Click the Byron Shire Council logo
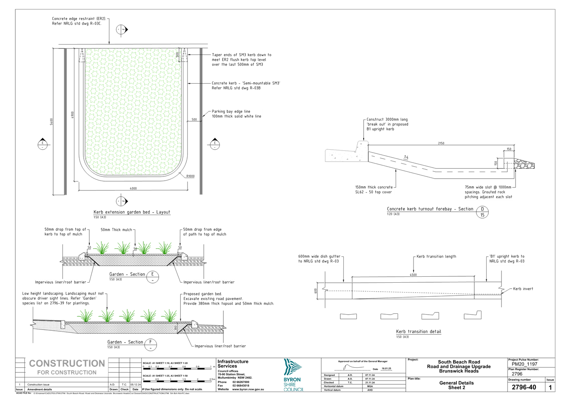tap(293, 374)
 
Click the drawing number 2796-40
tap(524, 387)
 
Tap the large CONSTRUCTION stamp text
tap(66, 363)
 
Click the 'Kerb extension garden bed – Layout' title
tap(132, 212)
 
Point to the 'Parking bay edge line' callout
tap(237, 114)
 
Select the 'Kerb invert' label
tap(523, 289)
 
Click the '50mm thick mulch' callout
tap(117, 230)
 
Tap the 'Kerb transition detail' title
tap(419, 332)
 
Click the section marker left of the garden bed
tap(43, 143)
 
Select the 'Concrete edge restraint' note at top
tap(79, 21)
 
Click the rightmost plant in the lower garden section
tap(170, 315)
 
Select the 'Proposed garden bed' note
tap(228, 298)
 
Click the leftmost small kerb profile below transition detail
tap(349, 316)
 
